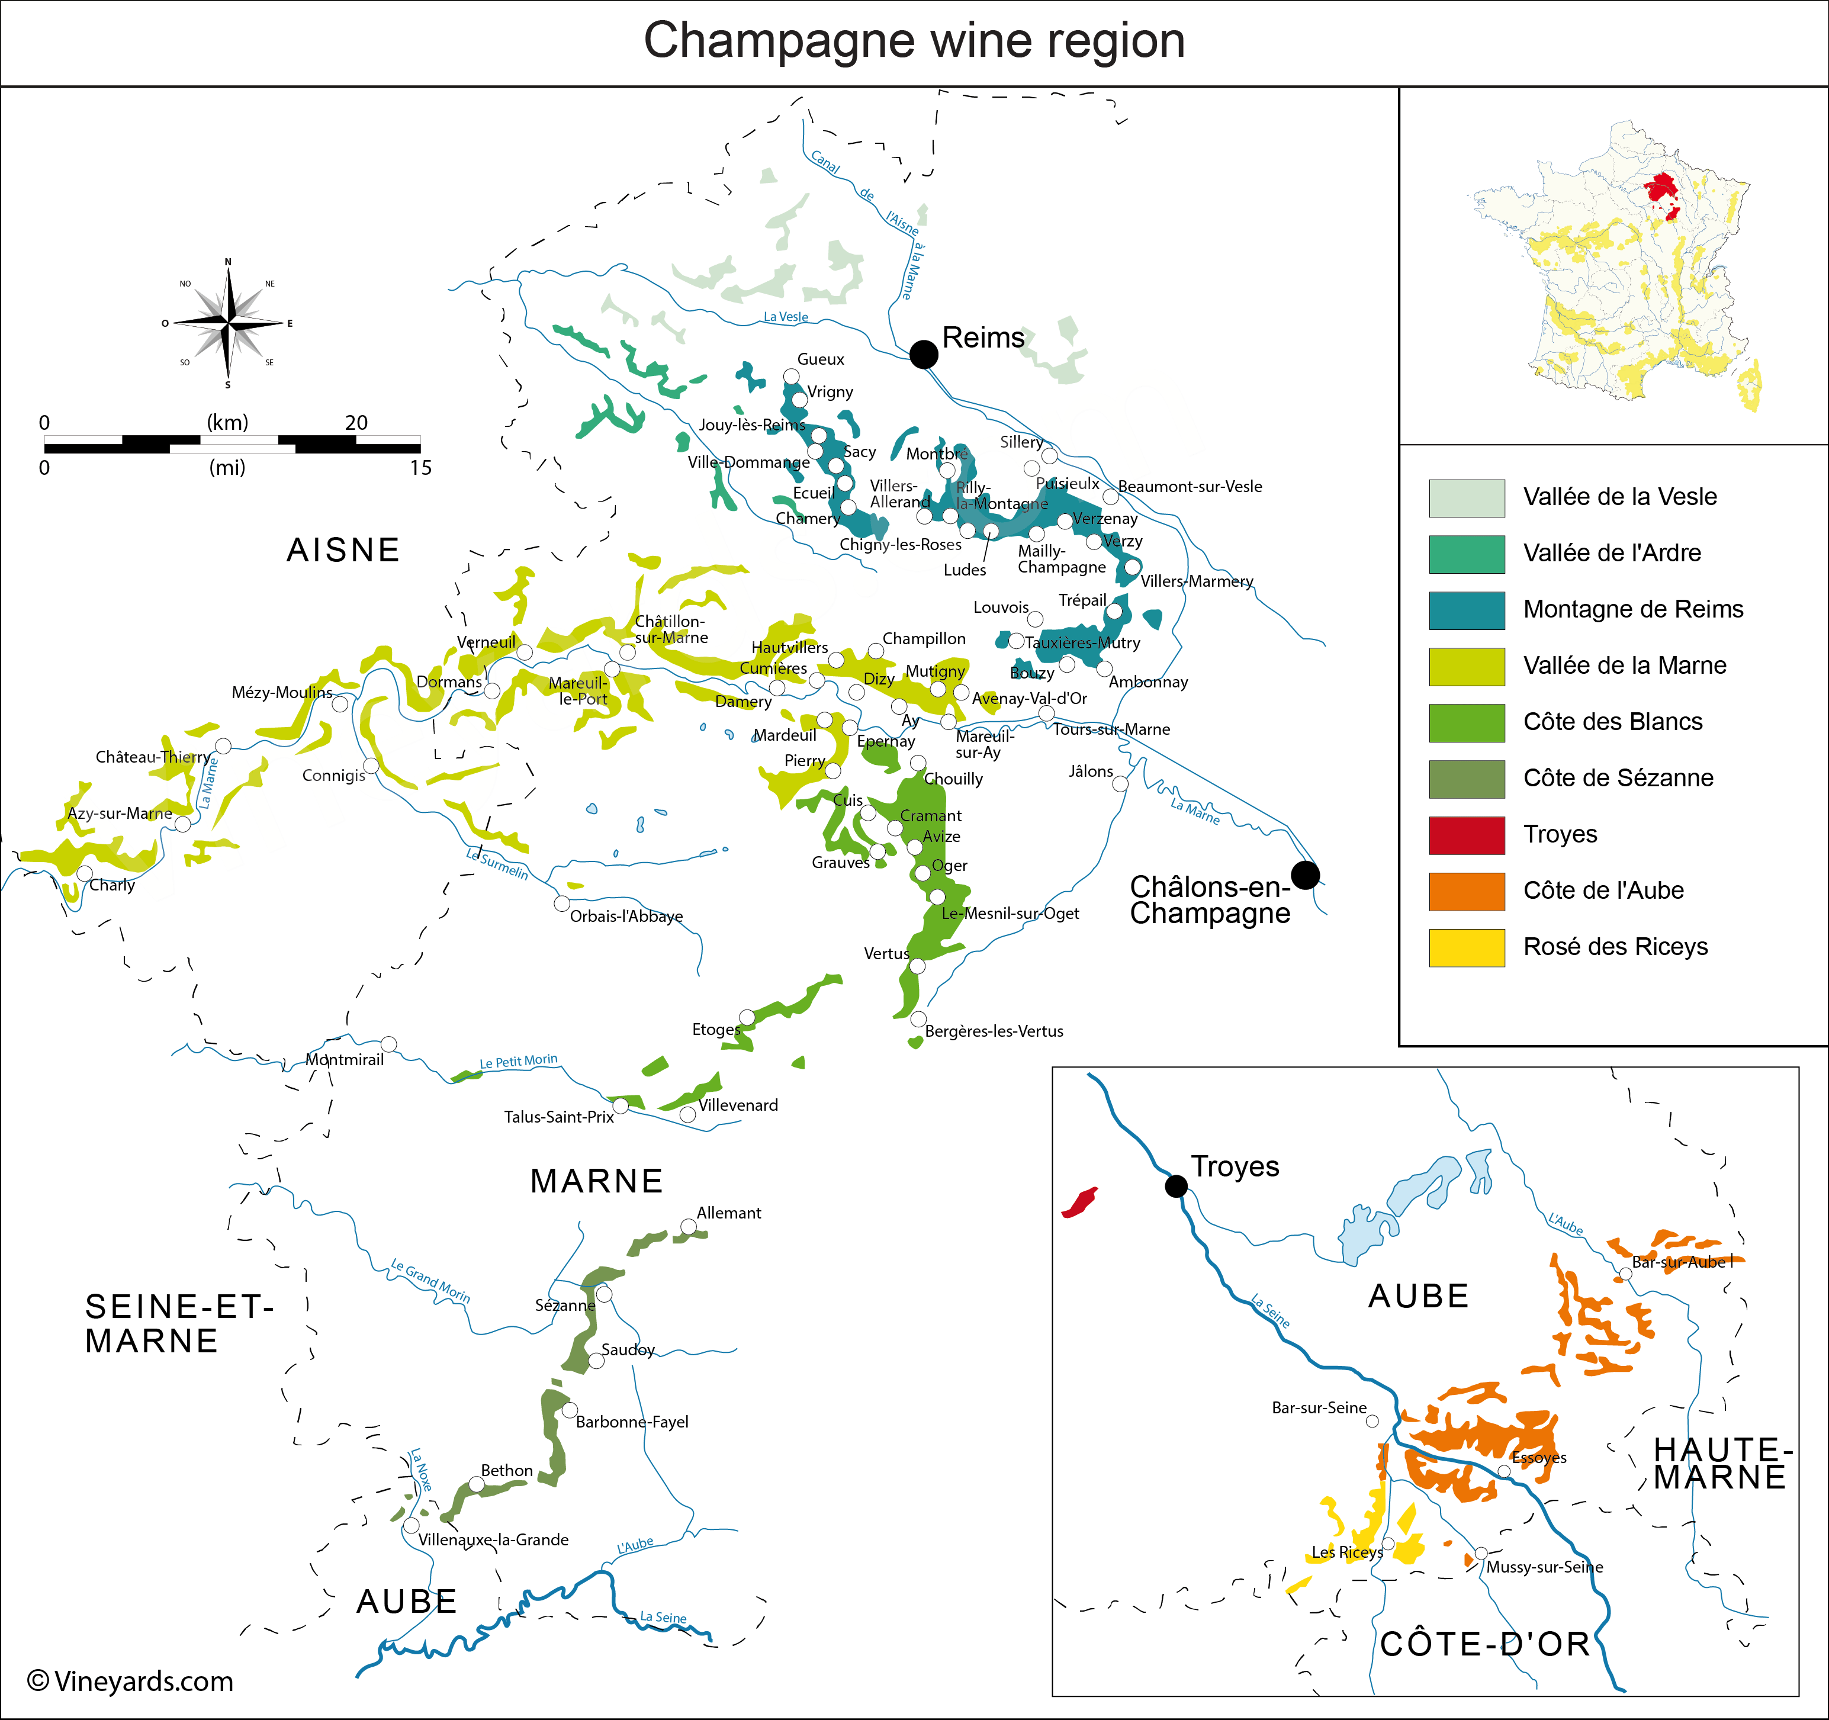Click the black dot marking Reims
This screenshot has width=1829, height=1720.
click(x=924, y=354)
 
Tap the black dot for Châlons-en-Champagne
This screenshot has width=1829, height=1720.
click(x=1304, y=875)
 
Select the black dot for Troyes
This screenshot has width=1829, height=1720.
click(x=1176, y=1185)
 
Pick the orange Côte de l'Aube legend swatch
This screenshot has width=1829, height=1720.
click(x=1467, y=891)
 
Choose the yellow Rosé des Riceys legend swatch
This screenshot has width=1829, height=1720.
click(x=1467, y=947)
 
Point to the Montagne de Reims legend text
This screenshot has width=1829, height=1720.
click(x=1633, y=609)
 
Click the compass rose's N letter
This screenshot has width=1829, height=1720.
click(x=228, y=262)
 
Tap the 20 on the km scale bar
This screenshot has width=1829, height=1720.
click(x=356, y=422)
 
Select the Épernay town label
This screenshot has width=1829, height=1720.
click(x=885, y=741)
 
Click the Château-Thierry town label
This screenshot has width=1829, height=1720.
click(x=153, y=757)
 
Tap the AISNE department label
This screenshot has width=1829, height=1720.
click(x=343, y=550)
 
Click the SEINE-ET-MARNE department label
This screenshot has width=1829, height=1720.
click(x=178, y=1323)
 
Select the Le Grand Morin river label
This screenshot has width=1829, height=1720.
click(x=430, y=1280)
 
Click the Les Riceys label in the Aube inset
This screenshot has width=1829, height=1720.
click(x=1347, y=1552)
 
